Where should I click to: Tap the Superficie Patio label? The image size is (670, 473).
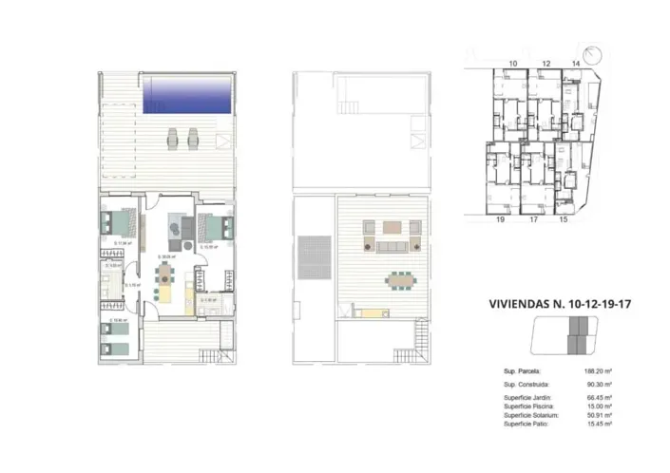[x=527, y=425]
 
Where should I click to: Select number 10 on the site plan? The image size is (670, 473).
[x=512, y=64]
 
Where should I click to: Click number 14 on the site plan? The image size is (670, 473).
[x=576, y=64]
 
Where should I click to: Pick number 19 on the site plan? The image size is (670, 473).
[x=498, y=219]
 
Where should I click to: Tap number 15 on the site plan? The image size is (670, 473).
[x=563, y=219]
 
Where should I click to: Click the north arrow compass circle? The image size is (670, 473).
[x=594, y=55]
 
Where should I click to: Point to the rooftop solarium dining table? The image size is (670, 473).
[x=398, y=279]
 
